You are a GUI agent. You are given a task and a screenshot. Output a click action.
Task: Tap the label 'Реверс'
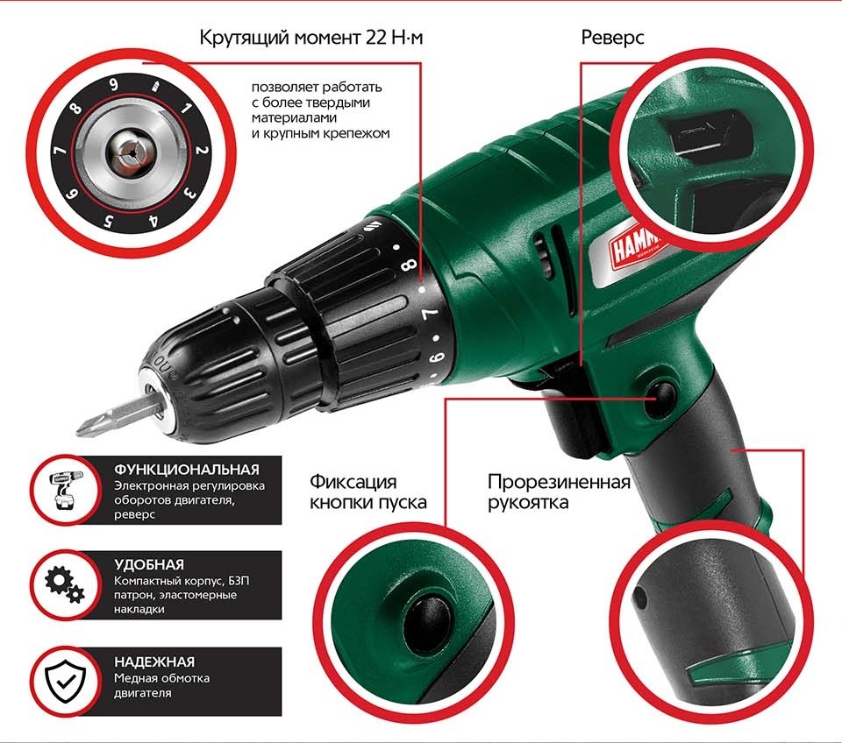(614, 39)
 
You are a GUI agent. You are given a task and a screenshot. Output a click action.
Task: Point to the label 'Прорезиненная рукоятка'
(560, 492)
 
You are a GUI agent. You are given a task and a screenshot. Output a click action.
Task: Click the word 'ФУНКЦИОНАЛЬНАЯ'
(187, 469)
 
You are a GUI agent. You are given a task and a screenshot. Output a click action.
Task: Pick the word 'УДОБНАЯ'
(149, 565)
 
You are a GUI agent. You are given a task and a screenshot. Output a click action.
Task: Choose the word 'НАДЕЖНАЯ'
(154, 662)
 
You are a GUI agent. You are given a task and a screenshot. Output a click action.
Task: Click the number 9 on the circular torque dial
(114, 85)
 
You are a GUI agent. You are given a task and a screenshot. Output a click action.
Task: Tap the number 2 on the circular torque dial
(201, 151)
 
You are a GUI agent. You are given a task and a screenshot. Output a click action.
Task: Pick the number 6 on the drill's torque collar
(432, 357)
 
